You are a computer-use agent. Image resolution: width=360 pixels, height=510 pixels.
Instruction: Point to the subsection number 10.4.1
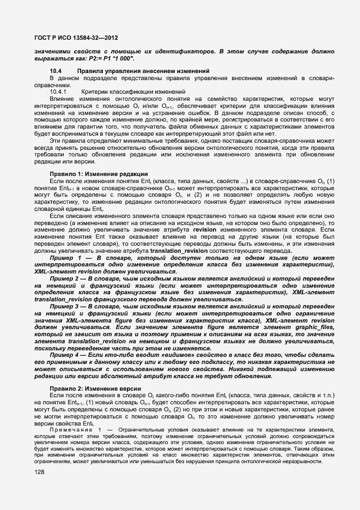[58, 91]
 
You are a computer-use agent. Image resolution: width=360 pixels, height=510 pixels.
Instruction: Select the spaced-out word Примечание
[70, 430]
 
